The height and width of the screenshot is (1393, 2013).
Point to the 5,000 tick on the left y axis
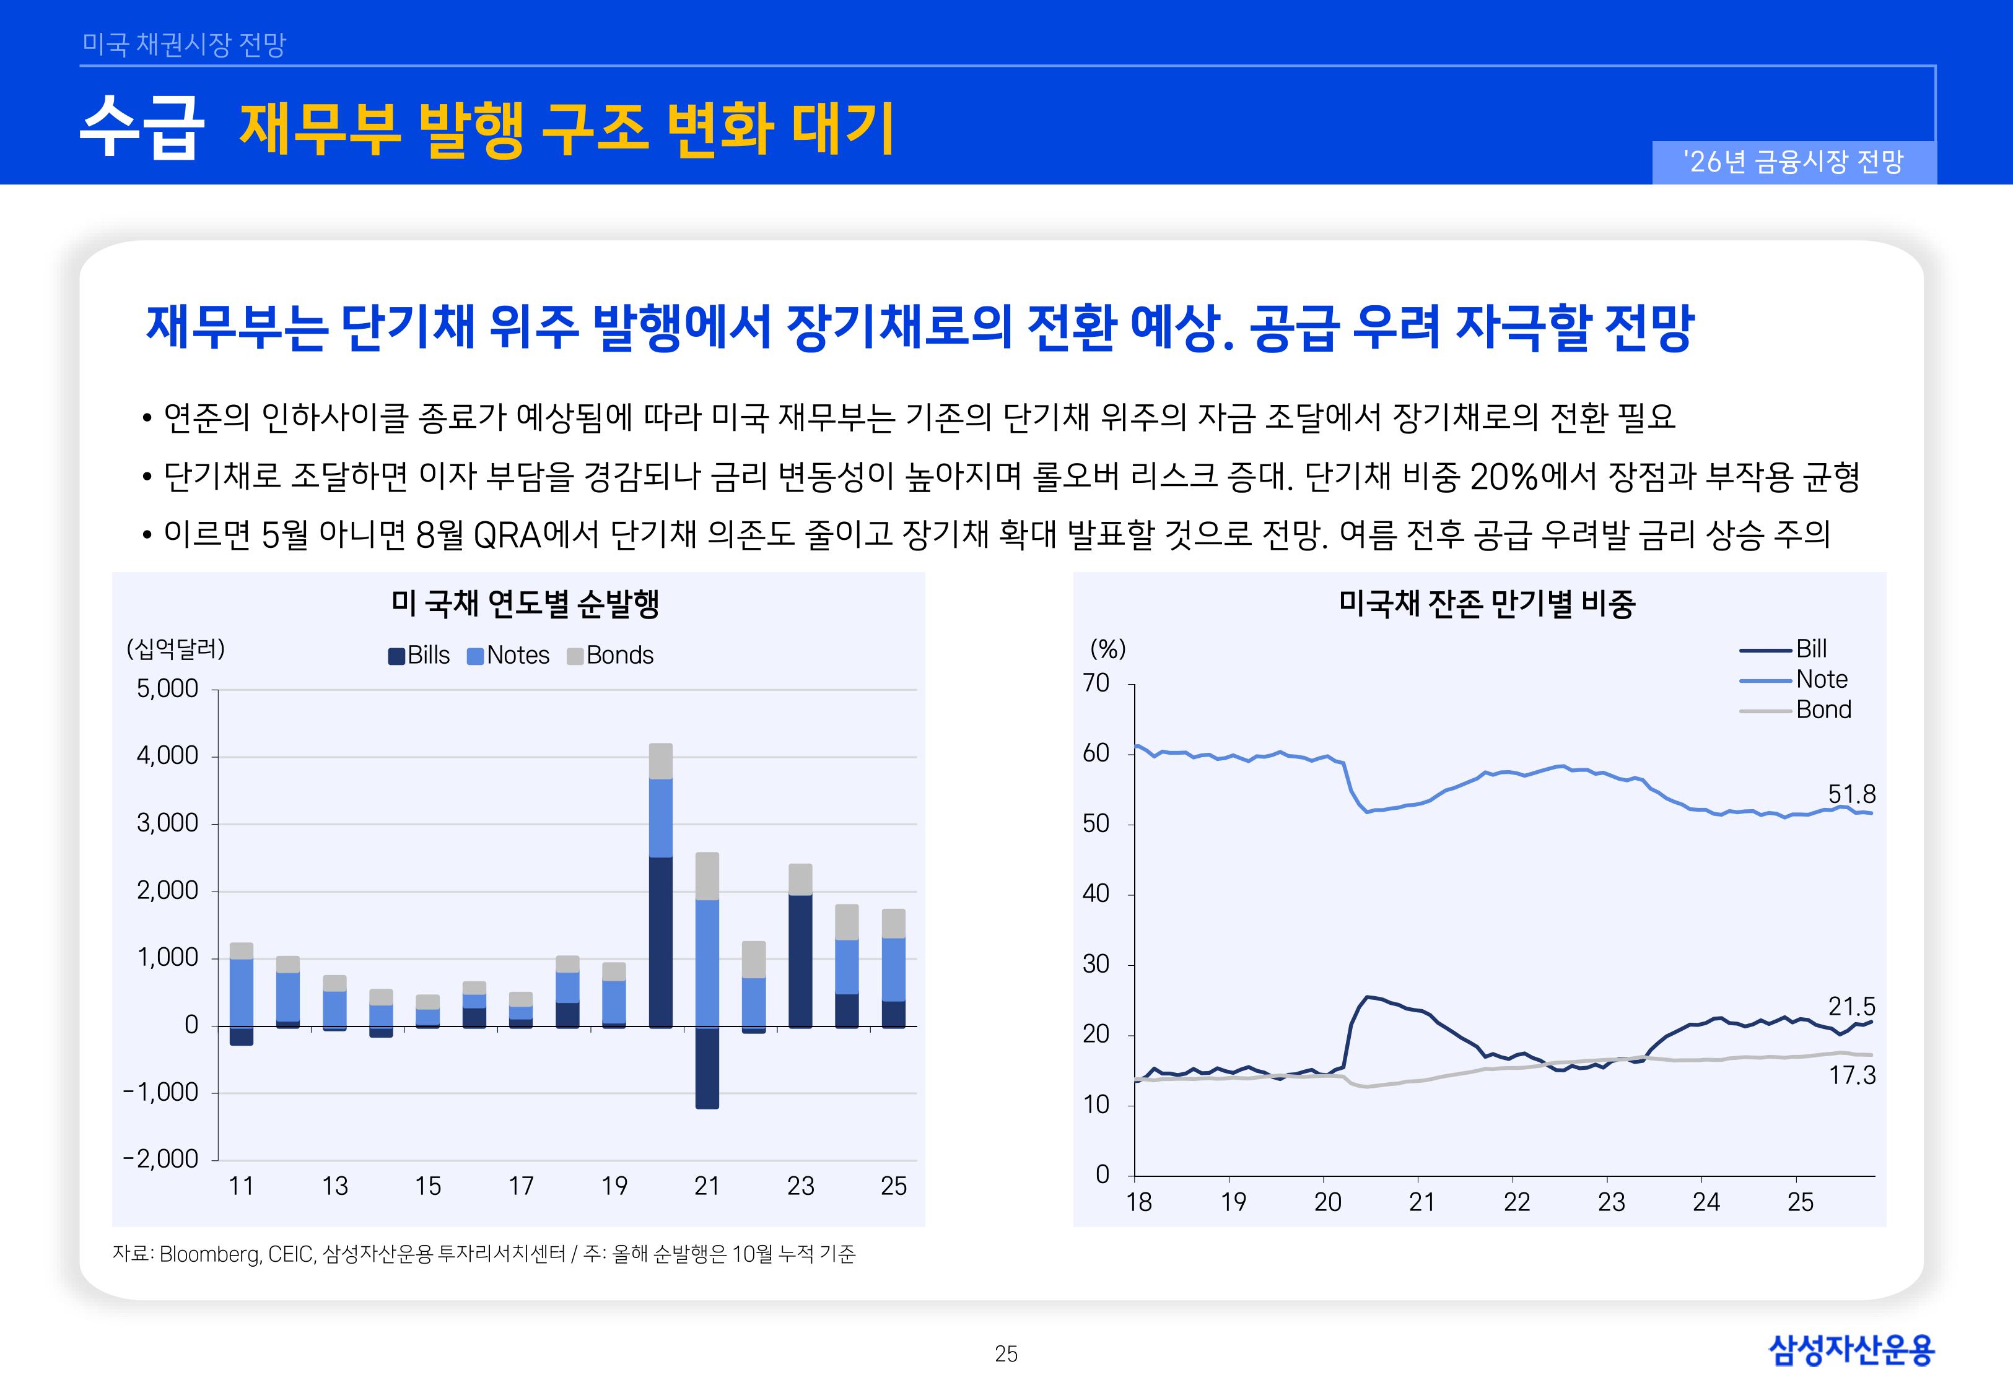tap(168, 688)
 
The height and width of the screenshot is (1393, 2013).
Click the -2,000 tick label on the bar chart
tap(162, 1158)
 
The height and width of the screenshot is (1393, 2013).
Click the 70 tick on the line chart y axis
tap(1096, 683)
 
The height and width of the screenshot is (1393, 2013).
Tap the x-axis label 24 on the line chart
tap(1706, 1203)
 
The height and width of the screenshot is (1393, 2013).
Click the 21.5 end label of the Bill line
tap(1851, 1006)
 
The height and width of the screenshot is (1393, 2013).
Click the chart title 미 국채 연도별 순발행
tap(525, 603)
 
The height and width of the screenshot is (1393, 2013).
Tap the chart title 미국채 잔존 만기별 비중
tap(1487, 603)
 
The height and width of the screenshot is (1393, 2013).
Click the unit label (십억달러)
tap(175, 648)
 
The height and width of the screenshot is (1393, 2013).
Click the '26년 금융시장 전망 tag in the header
tap(1793, 162)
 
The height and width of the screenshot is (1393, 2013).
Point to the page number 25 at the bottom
tap(1006, 1354)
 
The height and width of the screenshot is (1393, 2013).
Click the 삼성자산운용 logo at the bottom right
tap(1851, 1350)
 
